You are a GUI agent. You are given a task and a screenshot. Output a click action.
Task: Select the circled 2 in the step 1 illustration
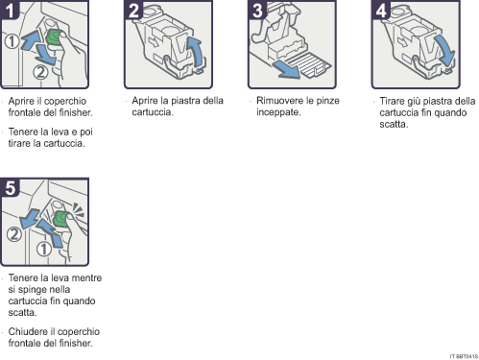tap(39, 70)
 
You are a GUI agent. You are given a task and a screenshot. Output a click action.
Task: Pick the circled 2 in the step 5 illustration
tap(13, 233)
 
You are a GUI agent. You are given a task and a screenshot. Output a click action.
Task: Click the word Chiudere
tap(28, 333)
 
